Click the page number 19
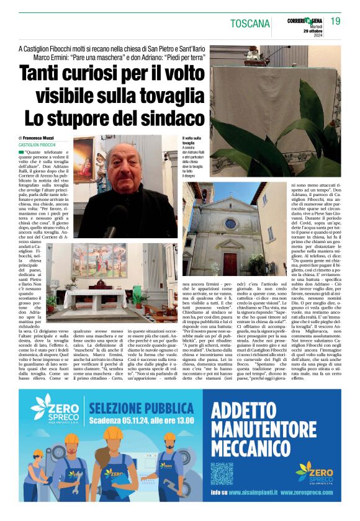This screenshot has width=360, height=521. (x=335, y=22)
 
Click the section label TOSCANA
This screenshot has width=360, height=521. (x=250, y=24)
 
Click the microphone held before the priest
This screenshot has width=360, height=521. (x=111, y=231)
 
